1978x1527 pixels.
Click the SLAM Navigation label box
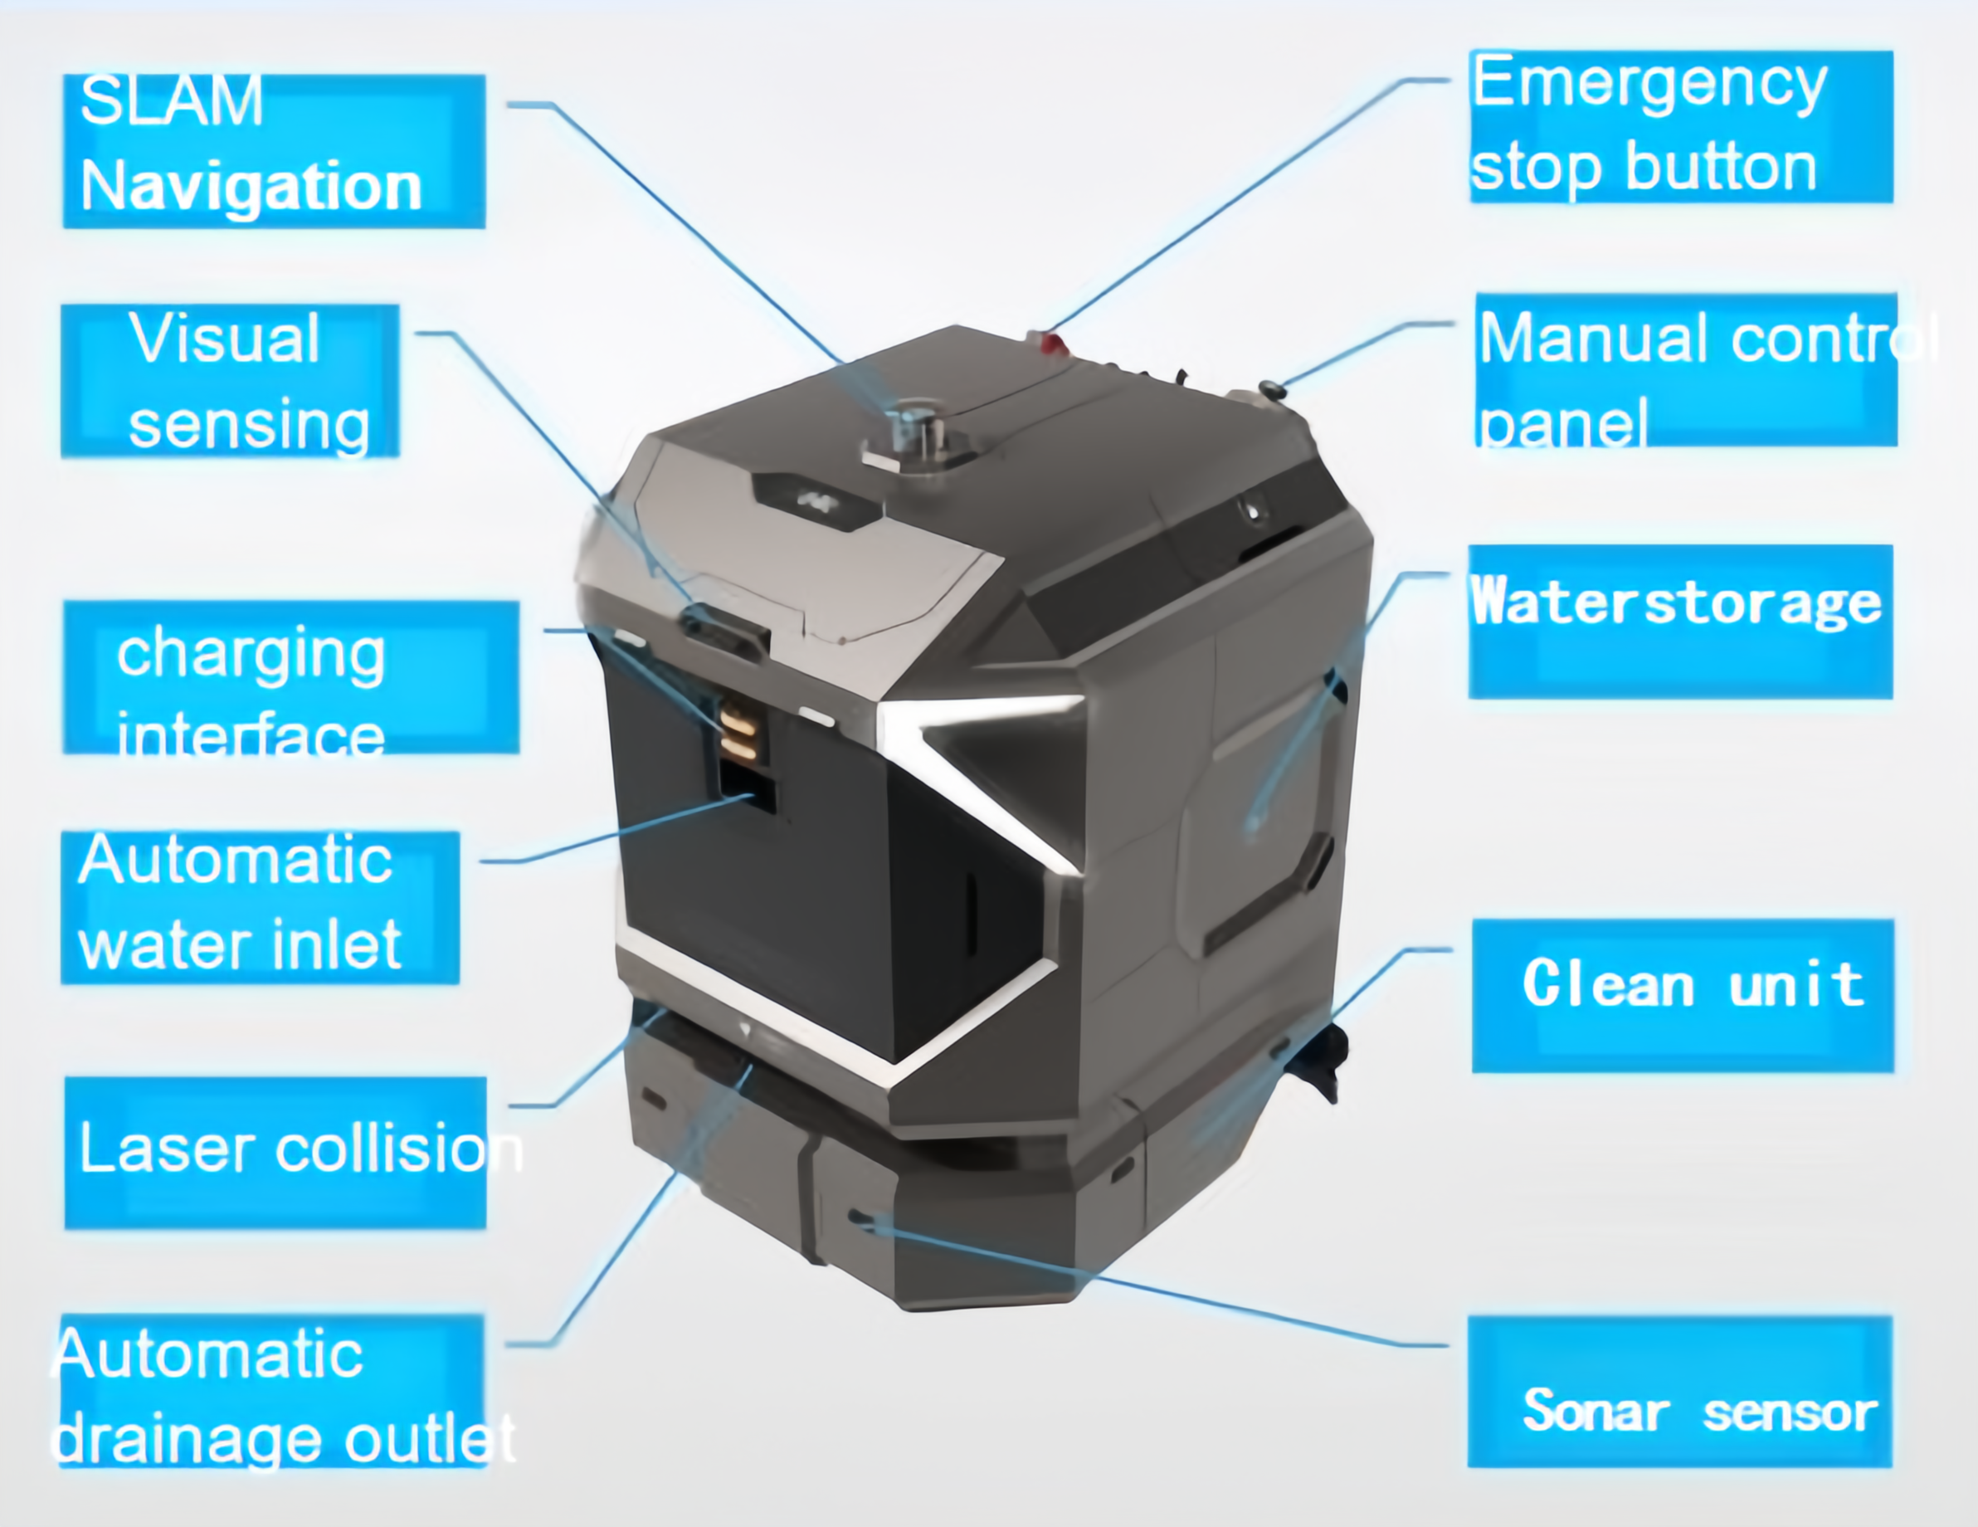click(274, 150)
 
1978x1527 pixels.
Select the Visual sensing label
click(229, 380)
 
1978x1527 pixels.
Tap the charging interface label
click(290, 676)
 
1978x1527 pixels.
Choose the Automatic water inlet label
click(260, 906)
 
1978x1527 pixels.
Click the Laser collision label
click(275, 1152)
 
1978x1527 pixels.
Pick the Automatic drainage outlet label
click(271, 1390)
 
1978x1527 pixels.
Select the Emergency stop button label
click(1680, 127)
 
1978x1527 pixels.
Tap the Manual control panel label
click(1687, 369)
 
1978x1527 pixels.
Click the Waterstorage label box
click(1680, 622)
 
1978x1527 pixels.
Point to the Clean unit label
click(1683, 995)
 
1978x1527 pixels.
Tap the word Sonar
click(1595, 1410)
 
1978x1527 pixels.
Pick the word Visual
click(224, 338)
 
